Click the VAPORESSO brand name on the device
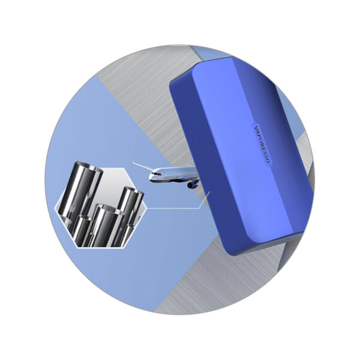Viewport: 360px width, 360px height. (262, 145)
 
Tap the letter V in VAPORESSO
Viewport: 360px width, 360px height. (256, 127)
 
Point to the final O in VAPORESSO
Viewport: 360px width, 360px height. (268, 161)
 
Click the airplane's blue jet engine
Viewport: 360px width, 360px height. (192, 185)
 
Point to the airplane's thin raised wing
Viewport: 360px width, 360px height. (143, 166)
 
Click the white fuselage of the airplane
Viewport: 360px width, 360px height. (173, 175)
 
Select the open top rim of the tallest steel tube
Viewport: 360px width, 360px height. (89, 166)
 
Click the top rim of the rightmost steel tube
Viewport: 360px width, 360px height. (134, 191)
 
